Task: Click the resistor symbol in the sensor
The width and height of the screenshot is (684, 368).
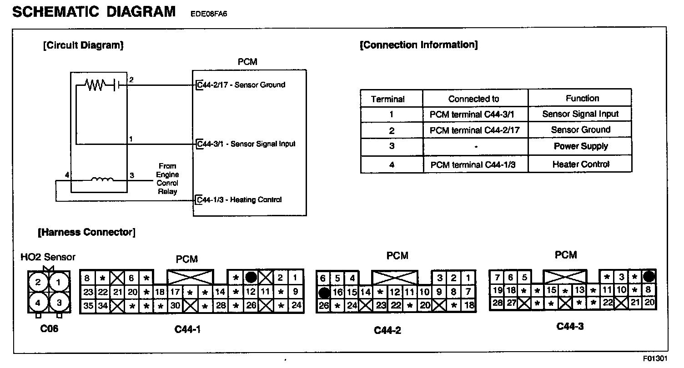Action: pyautogui.click(x=96, y=84)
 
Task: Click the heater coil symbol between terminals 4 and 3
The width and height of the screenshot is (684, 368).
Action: pyautogui.click(x=102, y=179)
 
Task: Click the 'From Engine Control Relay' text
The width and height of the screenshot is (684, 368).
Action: pyautogui.click(x=167, y=179)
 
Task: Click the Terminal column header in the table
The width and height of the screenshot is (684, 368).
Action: pyautogui.click(x=387, y=99)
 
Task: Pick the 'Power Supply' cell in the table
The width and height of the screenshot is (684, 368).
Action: pyautogui.click(x=580, y=146)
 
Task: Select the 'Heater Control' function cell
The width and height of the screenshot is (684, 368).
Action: pyautogui.click(x=580, y=164)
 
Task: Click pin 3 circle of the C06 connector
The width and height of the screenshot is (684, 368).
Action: pyautogui.click(x=58, y=302)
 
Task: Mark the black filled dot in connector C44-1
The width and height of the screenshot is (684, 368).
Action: pyautogui.click(x=251, y=278)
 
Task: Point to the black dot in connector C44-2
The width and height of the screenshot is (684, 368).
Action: pyautogui.click(x=323, y=292)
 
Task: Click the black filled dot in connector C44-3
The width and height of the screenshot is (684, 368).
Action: pyautogui.click(x=649, y=276)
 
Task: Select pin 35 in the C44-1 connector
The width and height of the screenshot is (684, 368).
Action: pyautogui.click(x=88, y=306)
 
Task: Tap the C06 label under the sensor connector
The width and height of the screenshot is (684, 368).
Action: pyautogui.click(x=49, y=329)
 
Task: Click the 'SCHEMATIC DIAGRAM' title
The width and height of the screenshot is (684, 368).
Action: pyautogui.click(x=94, y=11)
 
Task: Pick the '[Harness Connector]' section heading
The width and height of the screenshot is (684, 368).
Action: pyautogui.click(x=86, y=233)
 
